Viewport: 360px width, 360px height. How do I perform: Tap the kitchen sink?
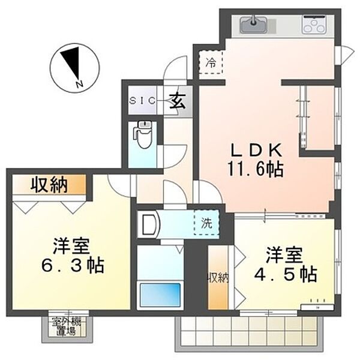(x=254, y=26)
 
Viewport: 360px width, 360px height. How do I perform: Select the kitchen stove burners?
(x=314, y=26)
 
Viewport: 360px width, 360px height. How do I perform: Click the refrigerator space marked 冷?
(x=211, y=61)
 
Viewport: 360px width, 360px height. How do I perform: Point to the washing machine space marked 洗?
(x=206, y=224)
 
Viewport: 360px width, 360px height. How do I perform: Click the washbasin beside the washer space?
(x=148, y=224)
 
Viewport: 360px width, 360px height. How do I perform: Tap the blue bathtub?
(x=159, y=294)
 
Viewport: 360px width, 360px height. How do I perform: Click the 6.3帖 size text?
(x=69, y=265)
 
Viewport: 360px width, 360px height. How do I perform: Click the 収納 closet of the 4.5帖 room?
(x=218, y=278)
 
